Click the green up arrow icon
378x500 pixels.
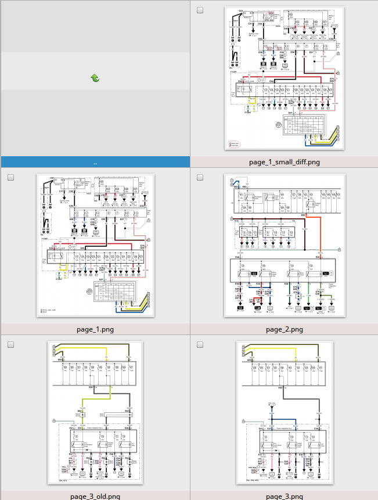click(x=95, y=78)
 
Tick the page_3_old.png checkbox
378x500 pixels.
click(x=11, y=345)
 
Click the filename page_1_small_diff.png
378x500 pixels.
click(x=284, y=162)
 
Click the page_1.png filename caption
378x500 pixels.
click(x=95, y=329)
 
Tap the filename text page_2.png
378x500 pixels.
click(x=284, y=329)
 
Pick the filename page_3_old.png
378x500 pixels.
click(x=95, y=496)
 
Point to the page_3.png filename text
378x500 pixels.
click(x=284, y=496)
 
